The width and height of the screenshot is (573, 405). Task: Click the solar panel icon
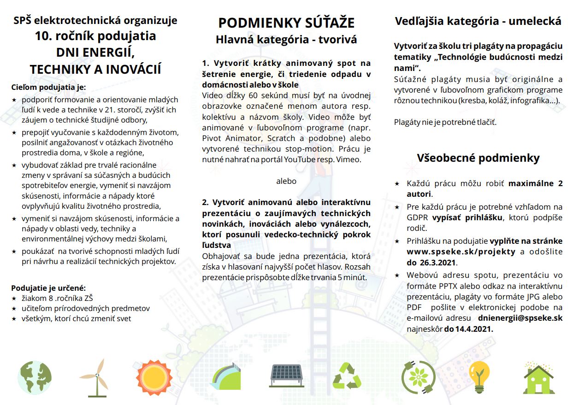[x=287, y=376]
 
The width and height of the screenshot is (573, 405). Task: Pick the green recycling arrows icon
[x=347, y=376]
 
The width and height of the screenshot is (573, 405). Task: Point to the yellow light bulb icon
[x=478, y=377]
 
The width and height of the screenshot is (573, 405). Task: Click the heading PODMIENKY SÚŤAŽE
[x=286, y=23]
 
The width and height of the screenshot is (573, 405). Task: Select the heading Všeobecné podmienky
[x=478, y=158]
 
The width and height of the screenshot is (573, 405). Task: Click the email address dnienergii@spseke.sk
[x=520, y=318]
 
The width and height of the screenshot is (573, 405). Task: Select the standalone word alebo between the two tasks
[x=286, y=181]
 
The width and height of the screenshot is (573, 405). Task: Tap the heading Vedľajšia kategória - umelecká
[x=478, y=21]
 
